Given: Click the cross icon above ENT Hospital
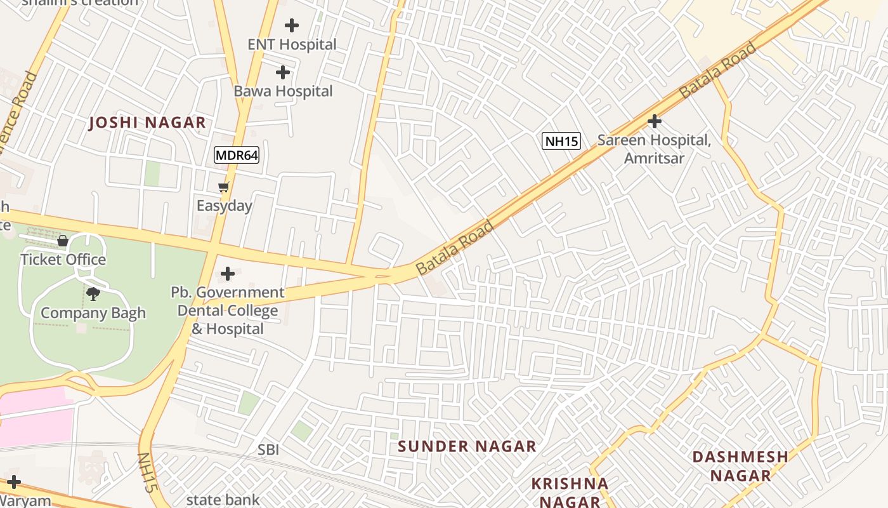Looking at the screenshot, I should [292, 25].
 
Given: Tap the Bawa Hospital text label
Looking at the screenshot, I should [283, 91].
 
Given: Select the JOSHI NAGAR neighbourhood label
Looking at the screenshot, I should [147, 123].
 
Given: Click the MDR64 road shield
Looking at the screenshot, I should [237, 155].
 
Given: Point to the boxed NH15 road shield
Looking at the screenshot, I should [561, 141].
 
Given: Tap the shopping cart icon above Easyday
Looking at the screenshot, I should [223, 187].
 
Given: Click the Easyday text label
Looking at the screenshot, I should [224, 206].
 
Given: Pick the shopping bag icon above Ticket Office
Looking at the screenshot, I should [63, 241].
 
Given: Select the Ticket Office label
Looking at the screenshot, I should [63, 260].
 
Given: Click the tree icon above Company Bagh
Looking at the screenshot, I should [93, 294].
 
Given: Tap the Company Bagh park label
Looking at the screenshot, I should [93, 313].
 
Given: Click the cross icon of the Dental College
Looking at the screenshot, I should [228, 274].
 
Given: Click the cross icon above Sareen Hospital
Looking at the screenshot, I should [655, 121].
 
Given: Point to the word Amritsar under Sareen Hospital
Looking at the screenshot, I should [654, 158].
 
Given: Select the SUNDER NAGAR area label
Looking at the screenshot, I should [467, 446].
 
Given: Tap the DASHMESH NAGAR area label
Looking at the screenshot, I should [740, 466].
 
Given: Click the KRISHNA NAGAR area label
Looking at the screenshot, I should [570, 493].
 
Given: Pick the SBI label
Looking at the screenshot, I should [268, 450].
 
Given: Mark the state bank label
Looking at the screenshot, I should [223, 500].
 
